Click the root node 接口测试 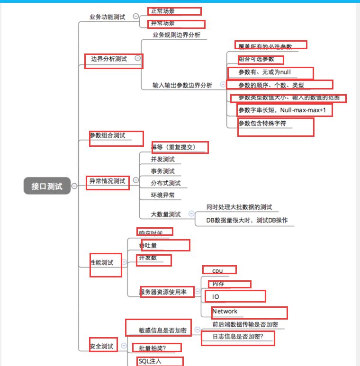point(47,186)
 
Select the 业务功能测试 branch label point(108,17)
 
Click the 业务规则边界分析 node point(176,35)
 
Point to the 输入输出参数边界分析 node point(182,85)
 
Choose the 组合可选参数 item point(256,59)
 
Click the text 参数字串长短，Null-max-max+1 point(282,110)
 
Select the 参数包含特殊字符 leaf point(262,123)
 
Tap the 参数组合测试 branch point(108,135)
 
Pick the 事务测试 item point(163,171)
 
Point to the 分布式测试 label point(166,183)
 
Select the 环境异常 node point(163,195)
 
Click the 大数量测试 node point(166,214)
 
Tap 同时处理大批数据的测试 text point(239,207)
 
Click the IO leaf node point(216,296)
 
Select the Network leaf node point(225,311)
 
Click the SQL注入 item point(150,361)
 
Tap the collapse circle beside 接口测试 point(74,186)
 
